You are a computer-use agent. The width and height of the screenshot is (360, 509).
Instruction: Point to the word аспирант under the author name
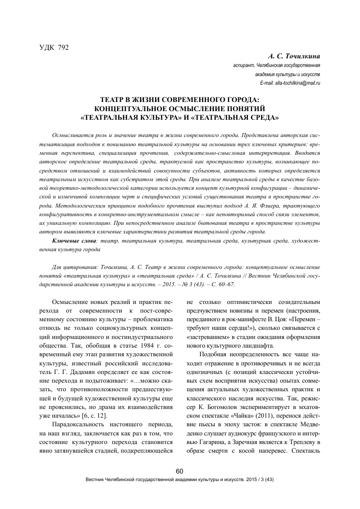click(x=244, y=65)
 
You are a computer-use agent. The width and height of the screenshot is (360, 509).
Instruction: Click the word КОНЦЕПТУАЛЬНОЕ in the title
click(x=132, y=108)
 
